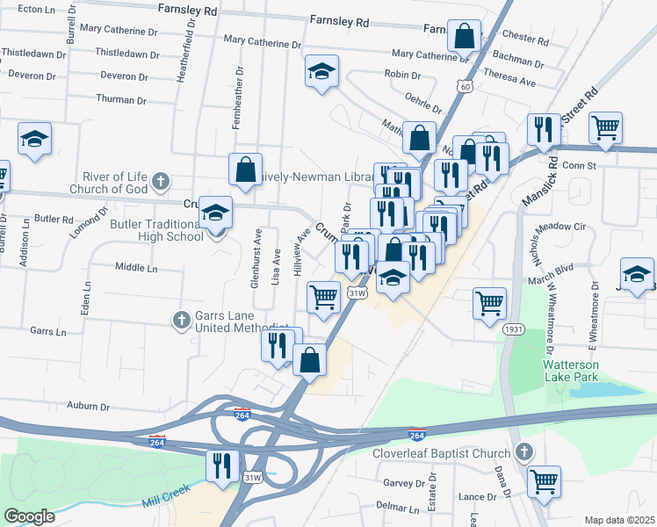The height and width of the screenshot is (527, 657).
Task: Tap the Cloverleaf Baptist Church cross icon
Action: coord(524,453)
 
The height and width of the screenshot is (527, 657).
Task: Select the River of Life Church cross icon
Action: coord(160,182)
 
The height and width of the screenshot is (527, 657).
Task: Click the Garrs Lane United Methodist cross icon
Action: coord(181,319)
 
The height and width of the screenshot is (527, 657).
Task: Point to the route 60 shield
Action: coord(465,86)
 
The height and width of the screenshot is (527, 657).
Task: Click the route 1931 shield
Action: coord(515,328)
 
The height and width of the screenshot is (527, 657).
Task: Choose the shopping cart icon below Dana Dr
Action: coord(545,480)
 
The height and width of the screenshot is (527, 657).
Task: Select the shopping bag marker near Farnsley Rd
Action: coord(465,35)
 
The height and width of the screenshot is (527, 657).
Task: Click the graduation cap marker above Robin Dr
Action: coord(322,70)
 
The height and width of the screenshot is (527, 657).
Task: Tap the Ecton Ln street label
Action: coord(36,8)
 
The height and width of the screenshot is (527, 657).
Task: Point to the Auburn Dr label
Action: coord(91,407)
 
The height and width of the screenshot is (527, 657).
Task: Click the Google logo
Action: coord(29,516)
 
